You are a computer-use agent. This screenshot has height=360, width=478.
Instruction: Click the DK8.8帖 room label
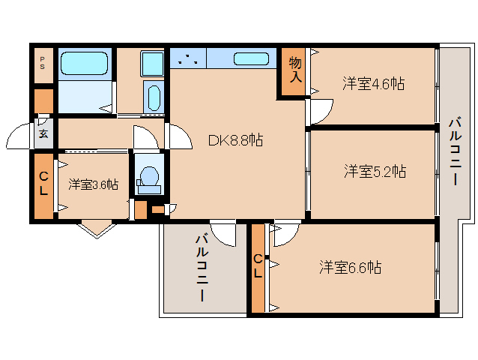point(235,139)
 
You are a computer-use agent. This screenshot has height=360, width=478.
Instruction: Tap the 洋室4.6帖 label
point(374,83)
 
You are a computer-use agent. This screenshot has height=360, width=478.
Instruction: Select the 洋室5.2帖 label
point(375,171)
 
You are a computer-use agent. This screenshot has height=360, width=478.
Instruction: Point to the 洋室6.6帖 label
point(350,266)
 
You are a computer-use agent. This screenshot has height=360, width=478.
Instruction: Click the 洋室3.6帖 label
point(93,184)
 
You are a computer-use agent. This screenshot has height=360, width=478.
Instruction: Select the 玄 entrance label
point(43,135)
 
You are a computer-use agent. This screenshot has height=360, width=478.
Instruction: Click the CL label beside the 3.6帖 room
point(43,184)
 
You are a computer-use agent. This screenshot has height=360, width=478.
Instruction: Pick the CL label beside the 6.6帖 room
point(257,266)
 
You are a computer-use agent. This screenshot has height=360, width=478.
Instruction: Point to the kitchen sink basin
point(251,59)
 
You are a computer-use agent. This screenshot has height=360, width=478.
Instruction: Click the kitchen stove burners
point(187,59)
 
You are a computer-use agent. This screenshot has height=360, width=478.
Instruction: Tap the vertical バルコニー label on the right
point(454,152)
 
